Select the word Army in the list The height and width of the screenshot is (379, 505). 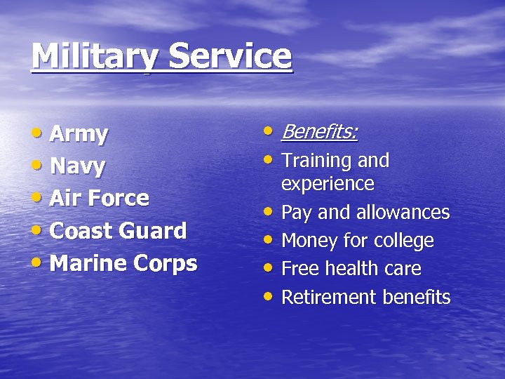point(79,134)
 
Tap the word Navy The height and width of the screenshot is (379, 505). point(78,167)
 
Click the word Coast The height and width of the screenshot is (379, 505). point(82,230)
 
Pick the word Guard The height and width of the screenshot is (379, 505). point(154,230)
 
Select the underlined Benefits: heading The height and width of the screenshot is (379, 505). point(319,132)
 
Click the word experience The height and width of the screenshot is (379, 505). point(328,184)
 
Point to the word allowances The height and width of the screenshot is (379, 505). point(403,212)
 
